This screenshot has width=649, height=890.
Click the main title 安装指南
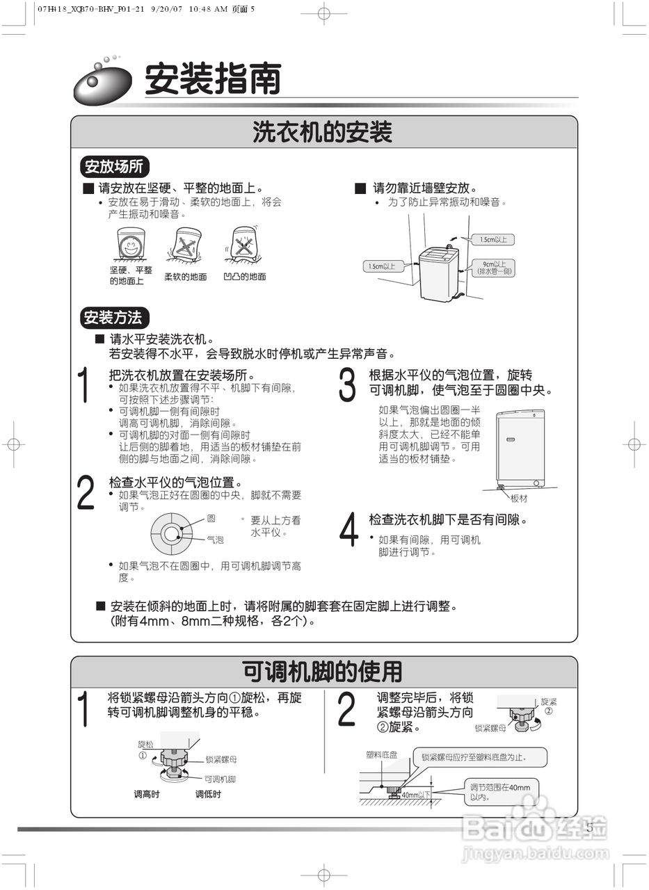click(212, 79)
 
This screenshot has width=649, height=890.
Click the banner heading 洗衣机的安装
click(323, 132)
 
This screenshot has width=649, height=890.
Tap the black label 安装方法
click(113, 318)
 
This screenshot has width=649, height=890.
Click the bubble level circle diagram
click(171, 534)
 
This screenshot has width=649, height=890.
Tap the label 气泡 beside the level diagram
click(215, 540)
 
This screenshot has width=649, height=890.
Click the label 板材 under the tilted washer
click(519, 499)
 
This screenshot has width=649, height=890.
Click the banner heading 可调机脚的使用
click(323, 672)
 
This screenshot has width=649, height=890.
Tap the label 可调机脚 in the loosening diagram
click(220, 779)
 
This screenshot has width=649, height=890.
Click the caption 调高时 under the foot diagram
click(147, 794)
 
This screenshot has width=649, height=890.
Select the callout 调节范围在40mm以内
click(499, 792)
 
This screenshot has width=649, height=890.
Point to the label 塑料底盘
click(382, 754)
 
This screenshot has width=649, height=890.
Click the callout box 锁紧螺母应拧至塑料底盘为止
click(481, 757)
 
